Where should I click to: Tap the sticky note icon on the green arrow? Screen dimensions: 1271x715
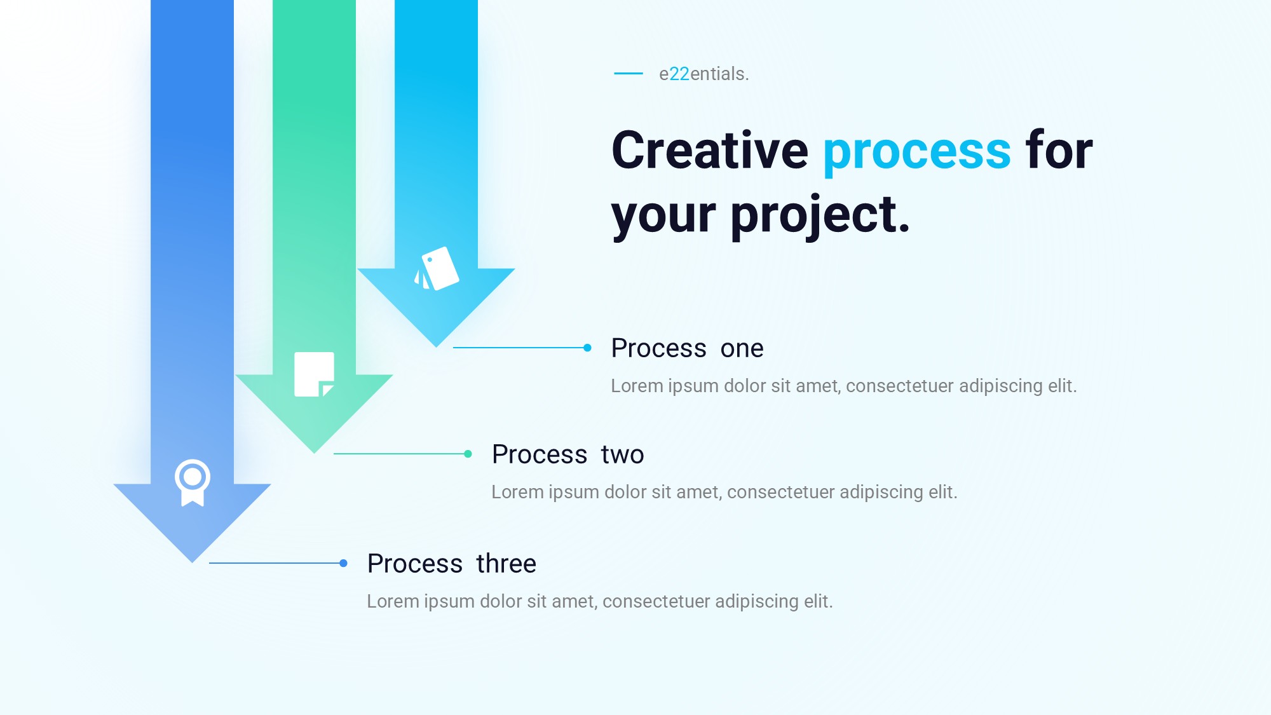tap(315, 374)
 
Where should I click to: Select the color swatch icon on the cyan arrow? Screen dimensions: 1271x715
tap(437, 269)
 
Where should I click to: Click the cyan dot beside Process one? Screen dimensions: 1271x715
tap(587, 348)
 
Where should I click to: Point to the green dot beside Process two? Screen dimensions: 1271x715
tap(468, 454)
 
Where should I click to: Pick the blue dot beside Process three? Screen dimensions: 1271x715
tap(343, 563)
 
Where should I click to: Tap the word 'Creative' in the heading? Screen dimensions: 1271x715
tap(710, 150)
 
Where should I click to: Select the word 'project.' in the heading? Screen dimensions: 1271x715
tap(820, 216)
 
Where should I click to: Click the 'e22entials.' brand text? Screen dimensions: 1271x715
tap(704, 74)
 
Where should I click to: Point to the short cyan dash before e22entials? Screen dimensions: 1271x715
tap(629, 74)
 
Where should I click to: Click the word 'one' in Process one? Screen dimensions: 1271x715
tap(742, 348)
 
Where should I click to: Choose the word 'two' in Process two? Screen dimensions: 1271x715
tap(622, 454)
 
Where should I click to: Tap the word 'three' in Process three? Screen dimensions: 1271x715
tap(506, 564)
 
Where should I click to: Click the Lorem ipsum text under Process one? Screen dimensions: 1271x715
tap(844, 386)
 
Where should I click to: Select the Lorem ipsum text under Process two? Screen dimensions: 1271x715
tap(724, 492)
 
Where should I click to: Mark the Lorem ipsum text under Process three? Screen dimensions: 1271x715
tap(600, 601)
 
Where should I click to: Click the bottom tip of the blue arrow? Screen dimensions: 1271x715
tap(192, 562)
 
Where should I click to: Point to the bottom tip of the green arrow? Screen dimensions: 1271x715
tap(314, 453)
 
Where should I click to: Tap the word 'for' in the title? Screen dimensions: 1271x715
tap(1059, 150)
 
